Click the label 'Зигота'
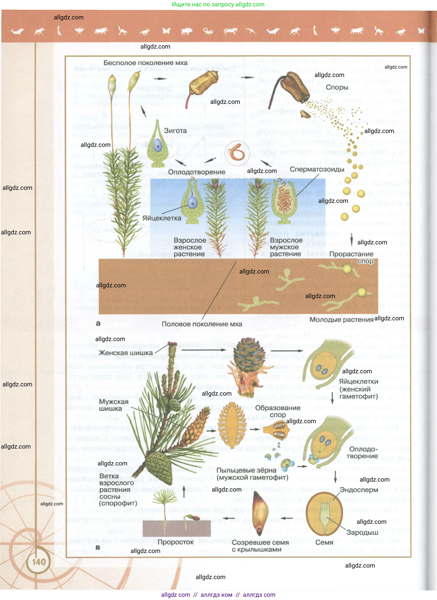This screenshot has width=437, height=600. [x=175, y=131]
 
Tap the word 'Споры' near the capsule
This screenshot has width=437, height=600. [x=337, y=87]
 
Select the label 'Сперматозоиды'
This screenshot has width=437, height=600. [x=317, y=169]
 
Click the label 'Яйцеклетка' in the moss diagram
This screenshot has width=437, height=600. [x=162, y=218]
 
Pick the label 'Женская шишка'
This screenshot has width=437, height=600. [x=126, y=353]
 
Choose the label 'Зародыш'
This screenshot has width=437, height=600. [x=362, y=532]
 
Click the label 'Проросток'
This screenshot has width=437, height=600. [x=176, y=542]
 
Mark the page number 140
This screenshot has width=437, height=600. [x=39, y=562]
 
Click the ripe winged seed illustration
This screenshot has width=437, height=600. [x=260, y=514]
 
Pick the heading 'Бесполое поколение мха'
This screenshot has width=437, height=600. [x=145, y=63]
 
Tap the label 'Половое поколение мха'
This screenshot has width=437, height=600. [x=202, y=324]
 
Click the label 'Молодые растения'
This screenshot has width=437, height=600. [x=341, y=320]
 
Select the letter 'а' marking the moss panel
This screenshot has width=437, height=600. [x=98, y=323]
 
